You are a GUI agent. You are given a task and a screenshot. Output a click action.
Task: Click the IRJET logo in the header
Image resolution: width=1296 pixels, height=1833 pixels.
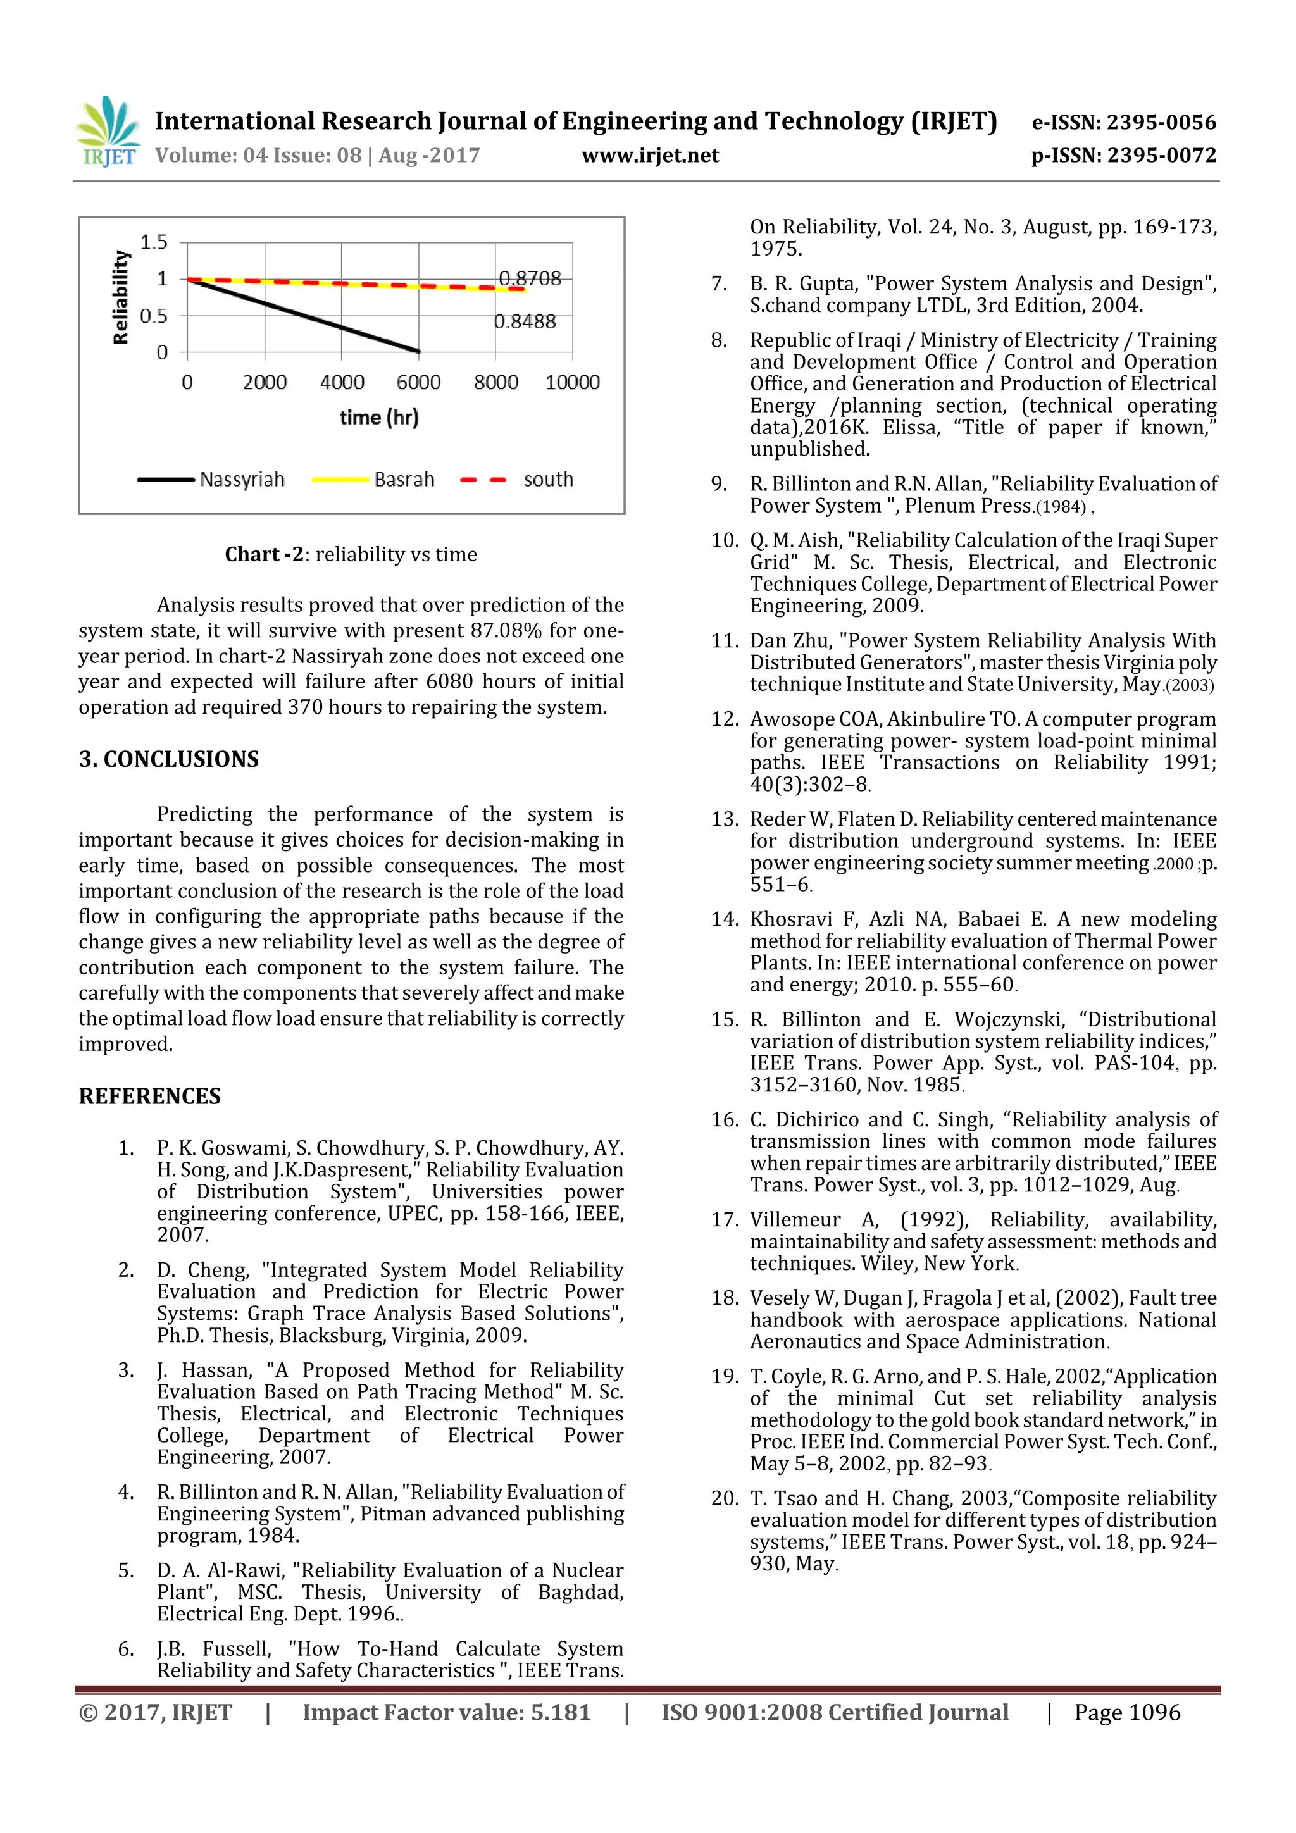point(108,132)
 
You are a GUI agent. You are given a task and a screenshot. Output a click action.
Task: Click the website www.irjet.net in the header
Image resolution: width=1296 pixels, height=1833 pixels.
point(650,156)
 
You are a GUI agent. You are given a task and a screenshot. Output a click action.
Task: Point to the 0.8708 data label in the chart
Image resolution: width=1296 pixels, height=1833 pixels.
point(530,278)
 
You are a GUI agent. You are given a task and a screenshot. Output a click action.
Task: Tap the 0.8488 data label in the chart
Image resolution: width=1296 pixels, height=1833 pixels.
point(524,321)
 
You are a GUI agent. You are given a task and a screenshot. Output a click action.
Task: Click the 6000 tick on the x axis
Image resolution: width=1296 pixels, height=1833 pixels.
point(418,382)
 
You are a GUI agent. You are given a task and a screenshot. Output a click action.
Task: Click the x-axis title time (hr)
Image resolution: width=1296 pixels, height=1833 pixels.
point(378,418)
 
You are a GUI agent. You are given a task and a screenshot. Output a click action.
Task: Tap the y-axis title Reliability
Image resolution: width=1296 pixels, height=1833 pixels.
point(121,297)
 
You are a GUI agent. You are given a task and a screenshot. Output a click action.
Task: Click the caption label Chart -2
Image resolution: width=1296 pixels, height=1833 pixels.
point(263,554)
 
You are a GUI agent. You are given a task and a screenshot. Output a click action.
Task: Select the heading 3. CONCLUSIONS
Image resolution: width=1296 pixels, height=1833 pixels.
point(168,759)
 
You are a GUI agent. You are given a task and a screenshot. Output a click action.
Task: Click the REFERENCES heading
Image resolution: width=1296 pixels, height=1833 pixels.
point(149,1096)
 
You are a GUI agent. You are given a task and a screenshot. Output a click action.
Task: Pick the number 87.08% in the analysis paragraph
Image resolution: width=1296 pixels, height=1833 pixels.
point(506,631)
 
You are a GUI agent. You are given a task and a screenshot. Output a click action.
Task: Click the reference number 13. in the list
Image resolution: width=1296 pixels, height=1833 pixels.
point(725,819)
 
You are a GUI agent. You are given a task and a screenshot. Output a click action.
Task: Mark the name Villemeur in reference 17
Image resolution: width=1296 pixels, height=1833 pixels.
point(795,1220)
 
